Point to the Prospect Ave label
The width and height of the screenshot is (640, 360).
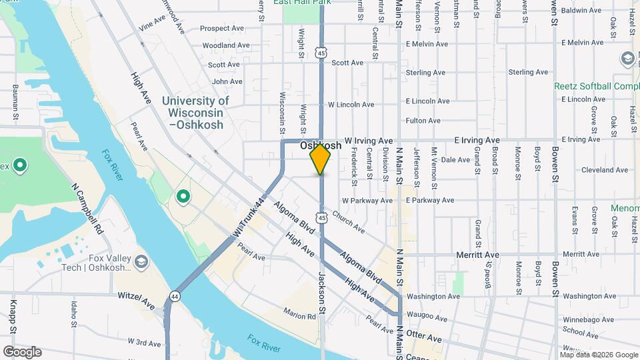pyautogui.click(x=222, y=29)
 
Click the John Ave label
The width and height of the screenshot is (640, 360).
pyautogui.click(x=227, y=81)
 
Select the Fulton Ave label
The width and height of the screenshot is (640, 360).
pyautogui.click(x=423, y=121)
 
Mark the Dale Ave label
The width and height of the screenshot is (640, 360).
pyautogui.click(x=456, y=160)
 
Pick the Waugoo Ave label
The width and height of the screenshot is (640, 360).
pyautogui.click(x=427, y=317)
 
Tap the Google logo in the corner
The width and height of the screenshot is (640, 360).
pyautogui.click(x=22, y=352)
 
